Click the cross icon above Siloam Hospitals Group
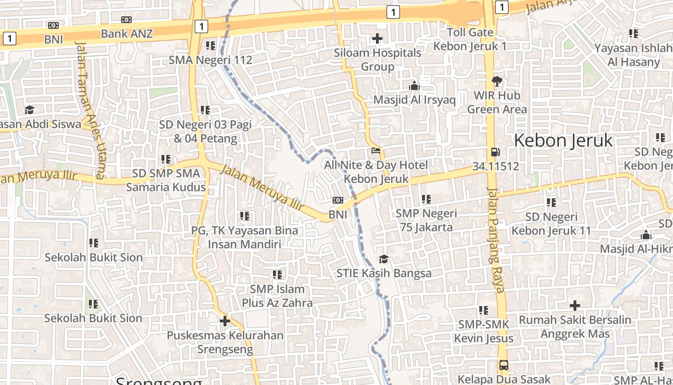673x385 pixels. pyautogui.click(x=377, y=38)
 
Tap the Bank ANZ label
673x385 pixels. pyautogui.click(x=126, y=33)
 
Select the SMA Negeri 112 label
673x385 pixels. pyautogui.click(x=210, y=60)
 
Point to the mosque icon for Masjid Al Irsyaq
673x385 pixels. pyautogui.click(x=414, y=86)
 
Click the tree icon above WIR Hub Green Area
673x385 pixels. pyautogui.click(x=497, y=81)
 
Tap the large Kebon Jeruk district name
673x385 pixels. pyautogui.click(x=563, y=141)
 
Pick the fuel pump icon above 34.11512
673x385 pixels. pyautogui.click(x=495, y=153)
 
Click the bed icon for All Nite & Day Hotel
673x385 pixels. pyautogui.click(x=376, y=151)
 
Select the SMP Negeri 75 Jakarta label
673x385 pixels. pyautogui.click(x=426, y=220)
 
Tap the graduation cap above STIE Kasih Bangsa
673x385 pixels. pyautogui.click(x=383, y=259)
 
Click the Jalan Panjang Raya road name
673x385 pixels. pyautogui.click(x=496, y=240)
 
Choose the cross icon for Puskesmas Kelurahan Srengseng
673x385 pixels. pyautogui.click(x=224, y=321)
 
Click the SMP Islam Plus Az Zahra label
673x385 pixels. pyautogui.click(x=277, y=296)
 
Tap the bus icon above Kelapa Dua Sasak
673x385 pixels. pyautogui.click(x=503, y=365)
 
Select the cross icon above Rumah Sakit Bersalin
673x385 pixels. pyautogui.click(x=574, y=306)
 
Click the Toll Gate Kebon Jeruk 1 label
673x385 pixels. pyautogui.click(x=470, y=39)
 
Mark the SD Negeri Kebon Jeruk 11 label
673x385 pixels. pyautogui.click(x=551, y=224)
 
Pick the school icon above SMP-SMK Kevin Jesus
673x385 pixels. pyautogui.click(x=483, y=310)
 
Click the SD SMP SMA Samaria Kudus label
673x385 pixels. pyautogui.click(x=166, y=180)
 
